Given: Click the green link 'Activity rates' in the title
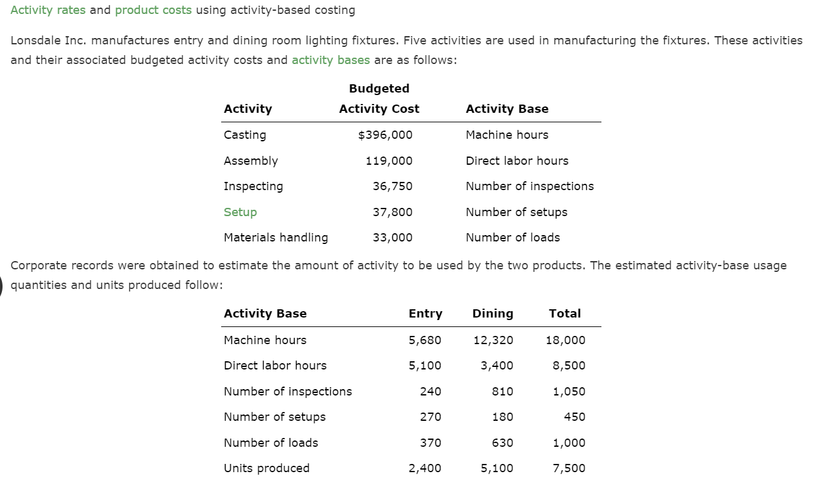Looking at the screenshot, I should pos(48,10).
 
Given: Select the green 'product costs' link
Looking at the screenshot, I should pos(153,10).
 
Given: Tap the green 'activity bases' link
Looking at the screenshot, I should pos(331,60).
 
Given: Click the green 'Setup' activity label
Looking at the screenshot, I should pos(240,212).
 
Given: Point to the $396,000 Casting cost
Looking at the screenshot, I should pos(385,135).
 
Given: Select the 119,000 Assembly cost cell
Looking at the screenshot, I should pos(389,161).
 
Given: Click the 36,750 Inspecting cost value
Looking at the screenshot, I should pos(392,186).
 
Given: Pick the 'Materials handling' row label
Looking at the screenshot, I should pos(276,238).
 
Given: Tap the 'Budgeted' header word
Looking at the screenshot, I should pos(379,89).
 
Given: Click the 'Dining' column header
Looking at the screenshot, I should pos(493,314).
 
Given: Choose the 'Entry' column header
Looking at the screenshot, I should pos(425,314).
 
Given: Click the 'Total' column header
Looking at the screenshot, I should pos(565,314).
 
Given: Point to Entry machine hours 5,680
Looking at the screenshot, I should pos(425,340).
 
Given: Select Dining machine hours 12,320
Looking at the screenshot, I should pos(494,340).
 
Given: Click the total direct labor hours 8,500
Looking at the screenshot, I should pos(569,366).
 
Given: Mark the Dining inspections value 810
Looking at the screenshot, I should pos(503,392).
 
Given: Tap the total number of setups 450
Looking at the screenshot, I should pos(574,417).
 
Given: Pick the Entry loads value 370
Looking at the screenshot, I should pos(431,443).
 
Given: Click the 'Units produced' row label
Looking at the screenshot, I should pos(267,468).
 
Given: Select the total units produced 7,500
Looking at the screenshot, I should pos(569,468).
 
